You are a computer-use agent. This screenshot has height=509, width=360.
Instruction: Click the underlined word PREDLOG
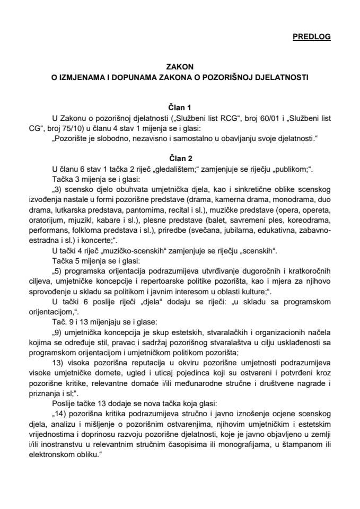click(311, 37)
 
